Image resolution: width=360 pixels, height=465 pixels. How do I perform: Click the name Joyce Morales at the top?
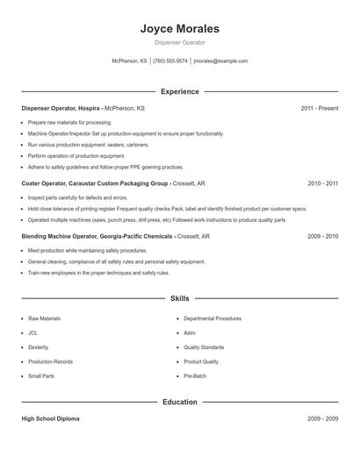179,29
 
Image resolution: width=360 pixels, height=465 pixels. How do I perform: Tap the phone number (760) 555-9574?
170,61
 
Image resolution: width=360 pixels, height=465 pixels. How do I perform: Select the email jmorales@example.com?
220,61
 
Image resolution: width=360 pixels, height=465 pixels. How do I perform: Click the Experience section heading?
179,91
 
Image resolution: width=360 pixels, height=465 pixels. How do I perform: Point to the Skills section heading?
179,298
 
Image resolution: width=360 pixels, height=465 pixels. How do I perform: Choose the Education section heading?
179,402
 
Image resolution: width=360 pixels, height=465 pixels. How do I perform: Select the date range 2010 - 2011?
322,184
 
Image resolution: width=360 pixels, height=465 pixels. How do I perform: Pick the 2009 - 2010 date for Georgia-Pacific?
322,236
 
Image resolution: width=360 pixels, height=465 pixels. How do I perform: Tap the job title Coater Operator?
46,184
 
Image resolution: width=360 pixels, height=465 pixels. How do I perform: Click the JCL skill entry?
33,333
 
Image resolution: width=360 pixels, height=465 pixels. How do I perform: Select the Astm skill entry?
190,333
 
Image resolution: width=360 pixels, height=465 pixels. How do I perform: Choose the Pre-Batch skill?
195,376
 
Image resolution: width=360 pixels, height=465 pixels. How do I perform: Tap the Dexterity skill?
38,347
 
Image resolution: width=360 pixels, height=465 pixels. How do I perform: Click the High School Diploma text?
50,419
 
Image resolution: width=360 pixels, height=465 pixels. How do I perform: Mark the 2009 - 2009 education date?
322,419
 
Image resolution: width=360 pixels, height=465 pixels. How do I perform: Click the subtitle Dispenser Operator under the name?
179,42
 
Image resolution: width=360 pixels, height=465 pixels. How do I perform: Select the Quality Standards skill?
204,347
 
